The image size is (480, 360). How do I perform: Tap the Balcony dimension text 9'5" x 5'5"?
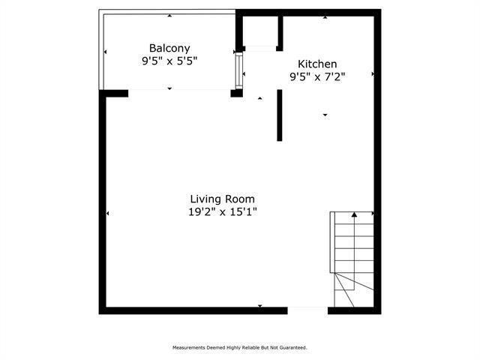[169, 61]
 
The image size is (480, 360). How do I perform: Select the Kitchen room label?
[317, 64]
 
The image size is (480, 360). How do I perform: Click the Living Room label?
[222, 199]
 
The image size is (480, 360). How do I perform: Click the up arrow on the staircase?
[354, 217]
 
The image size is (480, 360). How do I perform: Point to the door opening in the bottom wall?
[307, 310]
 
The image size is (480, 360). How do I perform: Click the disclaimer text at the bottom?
[240, 347]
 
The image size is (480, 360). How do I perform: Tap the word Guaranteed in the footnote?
[292, 347]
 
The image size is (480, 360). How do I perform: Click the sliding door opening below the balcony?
[179, 91]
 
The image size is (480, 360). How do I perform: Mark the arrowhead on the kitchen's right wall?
[372, 74]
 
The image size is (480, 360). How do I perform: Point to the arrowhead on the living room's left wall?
[108, 214]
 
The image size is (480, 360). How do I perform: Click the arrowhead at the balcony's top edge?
[169, 16]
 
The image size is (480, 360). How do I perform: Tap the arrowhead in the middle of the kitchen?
[325, 115]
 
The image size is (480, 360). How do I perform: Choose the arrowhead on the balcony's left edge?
[105, 52]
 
